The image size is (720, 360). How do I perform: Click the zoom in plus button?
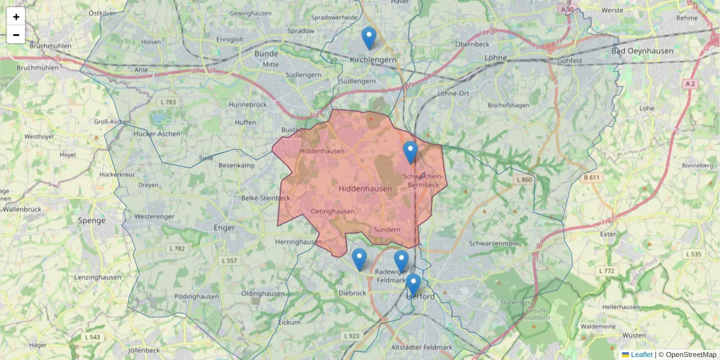tap(16, 17)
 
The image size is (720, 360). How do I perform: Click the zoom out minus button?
tap(16, 35)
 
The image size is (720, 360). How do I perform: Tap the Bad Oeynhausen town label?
tap(642, 51)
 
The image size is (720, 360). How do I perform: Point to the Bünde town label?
tap(266, 53)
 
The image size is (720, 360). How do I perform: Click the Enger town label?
tap(224, 227)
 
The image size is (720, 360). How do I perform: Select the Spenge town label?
tap(92, 220)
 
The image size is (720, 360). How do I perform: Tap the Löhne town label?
tap(495, 58)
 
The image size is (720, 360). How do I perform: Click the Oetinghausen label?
tap(332, 211)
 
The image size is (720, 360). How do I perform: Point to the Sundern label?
tap(386, 230)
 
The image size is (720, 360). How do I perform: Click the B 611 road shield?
tap(591, 177)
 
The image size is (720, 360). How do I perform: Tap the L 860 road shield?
tap(523, 179)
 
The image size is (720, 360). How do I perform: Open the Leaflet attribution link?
tap(641, 355)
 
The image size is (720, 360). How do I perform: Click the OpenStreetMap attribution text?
tap(691, 355)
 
